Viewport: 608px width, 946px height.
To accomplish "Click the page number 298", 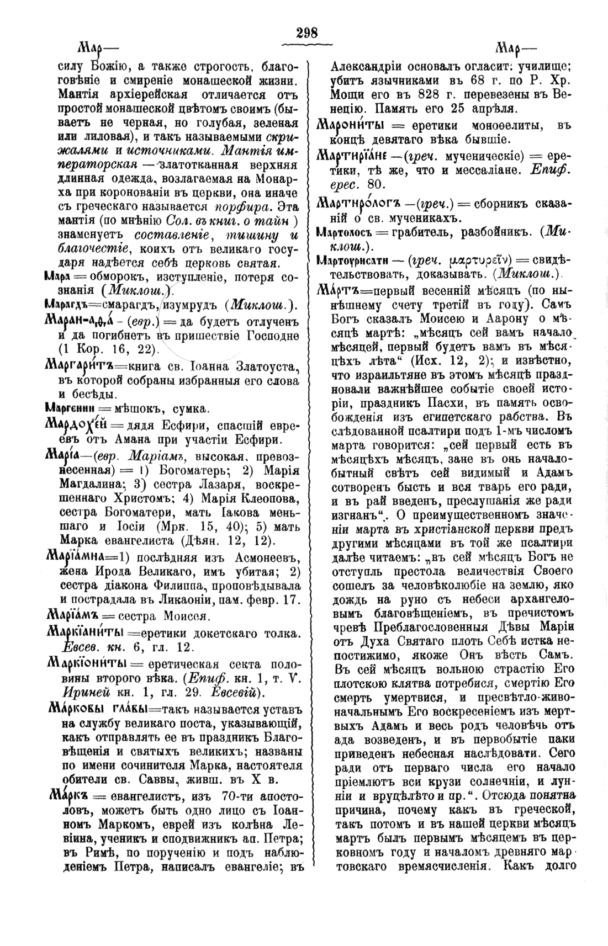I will coord(306,33).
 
